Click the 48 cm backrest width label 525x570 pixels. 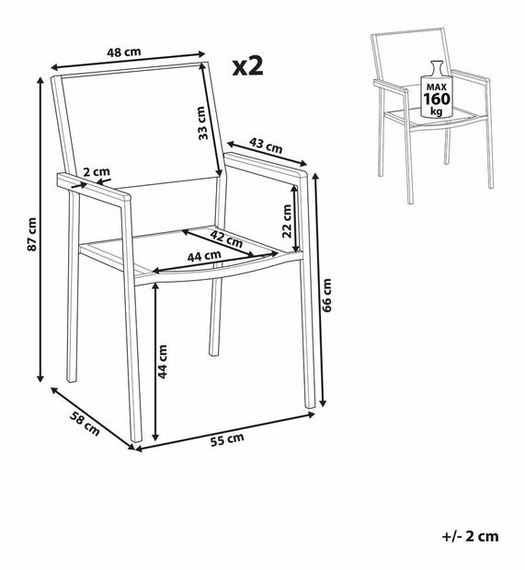pos(124,52)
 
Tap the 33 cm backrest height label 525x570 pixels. pos(203,122)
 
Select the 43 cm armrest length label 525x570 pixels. pos(266,145)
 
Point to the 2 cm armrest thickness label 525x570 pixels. pos(97,171)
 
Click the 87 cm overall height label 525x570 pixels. pos(32,235)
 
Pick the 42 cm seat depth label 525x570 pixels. pos(226,238)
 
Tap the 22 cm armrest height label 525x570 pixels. pos(287,221)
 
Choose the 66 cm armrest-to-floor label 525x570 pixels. pos(326,296)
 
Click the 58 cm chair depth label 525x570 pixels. pos(85,424)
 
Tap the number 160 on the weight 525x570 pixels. pos(437,99)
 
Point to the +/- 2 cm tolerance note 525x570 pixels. pos(470,536)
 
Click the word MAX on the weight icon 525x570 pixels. pos(437,87)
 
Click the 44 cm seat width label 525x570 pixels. pos(204,257)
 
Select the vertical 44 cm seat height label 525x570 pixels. pos(162,362)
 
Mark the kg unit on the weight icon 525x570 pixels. pos(437,111)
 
